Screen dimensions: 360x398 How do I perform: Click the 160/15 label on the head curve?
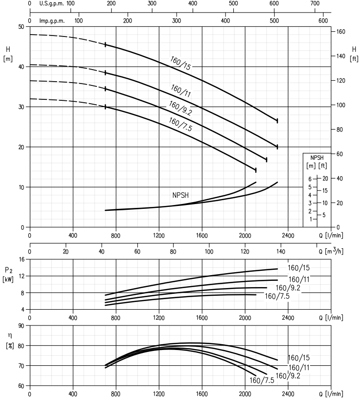tap(180, 63)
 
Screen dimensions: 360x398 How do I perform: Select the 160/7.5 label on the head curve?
tap(180, 124)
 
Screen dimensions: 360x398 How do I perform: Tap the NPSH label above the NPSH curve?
tap(180, 195)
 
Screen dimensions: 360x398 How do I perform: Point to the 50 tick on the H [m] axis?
tap(21, 27)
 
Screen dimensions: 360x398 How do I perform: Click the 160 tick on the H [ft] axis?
tap(341, 32)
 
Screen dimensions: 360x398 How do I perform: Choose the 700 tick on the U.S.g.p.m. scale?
tap(315, 3)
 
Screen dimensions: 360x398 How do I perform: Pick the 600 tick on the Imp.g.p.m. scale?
tap(323, 21)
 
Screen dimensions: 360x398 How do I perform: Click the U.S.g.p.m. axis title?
tap(51, 3)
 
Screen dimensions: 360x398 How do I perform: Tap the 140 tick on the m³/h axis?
tap(281, 252)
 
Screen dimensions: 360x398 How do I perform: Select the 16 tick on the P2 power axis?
tap(22, 259)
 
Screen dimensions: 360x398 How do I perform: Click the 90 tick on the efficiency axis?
tap(21, 326)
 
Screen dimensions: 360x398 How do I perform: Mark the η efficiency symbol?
tap(10, 335)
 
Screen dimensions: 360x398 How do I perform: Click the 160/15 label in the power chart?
tap(299, 268)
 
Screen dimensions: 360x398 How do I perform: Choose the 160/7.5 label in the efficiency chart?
tap(262, 380)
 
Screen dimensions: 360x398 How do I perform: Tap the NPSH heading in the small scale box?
tap(317, 157)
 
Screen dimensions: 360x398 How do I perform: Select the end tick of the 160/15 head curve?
tap(277, 121)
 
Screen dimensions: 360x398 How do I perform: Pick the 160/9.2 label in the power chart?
tap(288, 288)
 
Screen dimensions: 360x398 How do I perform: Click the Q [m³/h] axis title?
tap(331, 251)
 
